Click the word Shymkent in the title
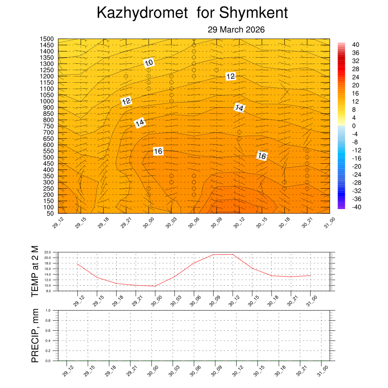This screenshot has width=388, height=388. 253,13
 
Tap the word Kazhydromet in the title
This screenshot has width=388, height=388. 142,13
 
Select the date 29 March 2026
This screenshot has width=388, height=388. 236,30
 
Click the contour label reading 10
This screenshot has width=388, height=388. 149,63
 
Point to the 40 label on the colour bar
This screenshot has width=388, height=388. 356,45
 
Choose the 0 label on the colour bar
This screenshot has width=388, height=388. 354,126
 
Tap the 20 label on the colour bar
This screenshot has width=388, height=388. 356,85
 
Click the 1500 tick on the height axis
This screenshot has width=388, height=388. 47,39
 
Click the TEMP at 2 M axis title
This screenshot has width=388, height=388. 35,271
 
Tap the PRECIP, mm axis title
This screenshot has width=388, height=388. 35,335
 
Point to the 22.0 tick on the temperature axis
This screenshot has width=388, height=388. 48,252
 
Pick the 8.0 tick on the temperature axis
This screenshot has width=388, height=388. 48,291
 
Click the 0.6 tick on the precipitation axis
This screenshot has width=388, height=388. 48,330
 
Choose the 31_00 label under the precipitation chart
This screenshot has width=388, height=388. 322,370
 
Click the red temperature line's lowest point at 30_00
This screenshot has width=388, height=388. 155,286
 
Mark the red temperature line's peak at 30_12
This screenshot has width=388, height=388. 233,254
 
